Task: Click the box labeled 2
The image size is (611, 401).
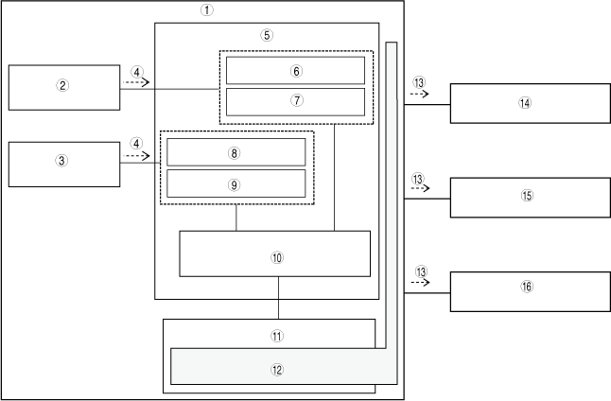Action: pos(63,86)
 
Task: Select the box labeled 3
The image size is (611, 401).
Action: pos(63,162)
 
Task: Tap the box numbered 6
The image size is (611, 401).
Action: pos(295,70)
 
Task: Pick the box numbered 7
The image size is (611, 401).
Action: pos(295,100)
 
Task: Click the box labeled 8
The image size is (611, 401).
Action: pos(236,151)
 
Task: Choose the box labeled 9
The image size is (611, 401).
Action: pos(236,183)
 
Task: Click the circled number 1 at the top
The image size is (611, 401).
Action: pos(206,10)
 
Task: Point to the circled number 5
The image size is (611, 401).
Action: pos(267,34)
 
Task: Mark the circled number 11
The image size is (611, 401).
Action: pos(277,335)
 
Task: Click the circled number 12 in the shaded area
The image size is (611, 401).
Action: pos(277,371)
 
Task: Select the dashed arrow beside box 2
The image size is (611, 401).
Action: pos(136,83)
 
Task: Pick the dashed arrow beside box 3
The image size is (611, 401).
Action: pos(137,156)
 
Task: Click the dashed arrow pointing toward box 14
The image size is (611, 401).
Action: pos(419,95)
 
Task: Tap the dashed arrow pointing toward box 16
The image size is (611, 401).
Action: pos(419,283)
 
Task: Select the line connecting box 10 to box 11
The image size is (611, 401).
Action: pos(278,297)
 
